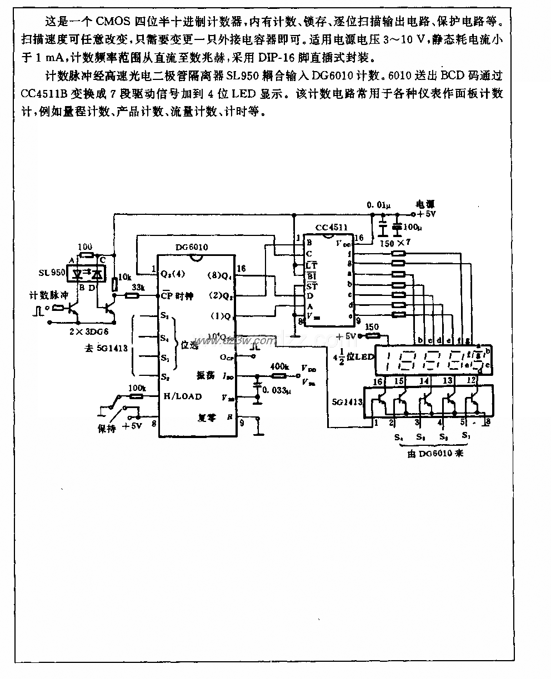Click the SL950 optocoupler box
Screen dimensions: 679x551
pyautogui.click(x=88, y=273)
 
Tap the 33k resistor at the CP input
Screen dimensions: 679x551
pyautogui.click(x=131, y=296)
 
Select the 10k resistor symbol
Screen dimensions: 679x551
pyautogui.click(x=115, y=284)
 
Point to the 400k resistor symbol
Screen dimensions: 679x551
pyautogui.click(x=278, y=375)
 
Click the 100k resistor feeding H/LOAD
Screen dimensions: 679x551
pyautogui.click(x=135, y=396)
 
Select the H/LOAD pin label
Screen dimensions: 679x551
pyautogui.click(x=182, y=396)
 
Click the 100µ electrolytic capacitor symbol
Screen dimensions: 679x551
pyautogui.click(x=397, y=227)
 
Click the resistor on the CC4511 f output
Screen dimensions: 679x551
pyautogui.click(x=398, y=253)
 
